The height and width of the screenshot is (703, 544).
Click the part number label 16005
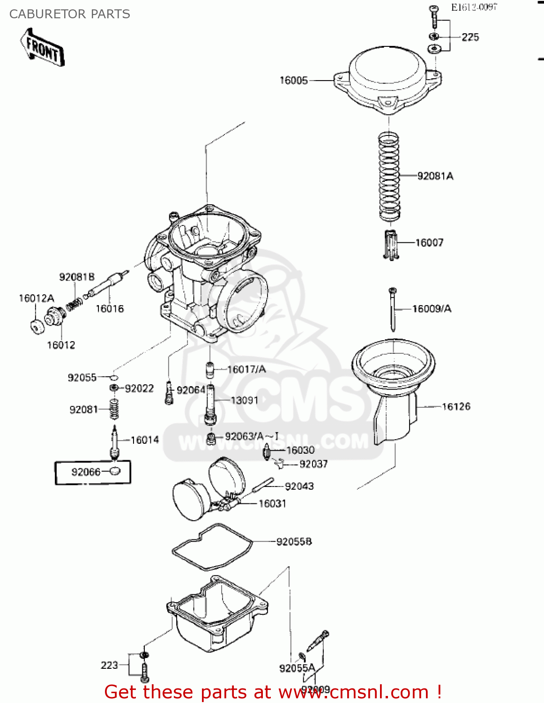(293, 81)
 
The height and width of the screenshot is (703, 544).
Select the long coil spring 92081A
(389, 177)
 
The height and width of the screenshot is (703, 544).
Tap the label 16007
(429, 243)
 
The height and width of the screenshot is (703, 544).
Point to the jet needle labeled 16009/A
(393, 309)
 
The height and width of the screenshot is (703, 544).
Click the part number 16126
(456, 407)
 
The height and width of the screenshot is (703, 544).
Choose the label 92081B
(77, 277)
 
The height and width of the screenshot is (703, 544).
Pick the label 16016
(110, 309)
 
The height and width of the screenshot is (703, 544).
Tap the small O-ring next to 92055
(113, 377)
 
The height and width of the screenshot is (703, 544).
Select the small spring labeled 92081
(114, 409)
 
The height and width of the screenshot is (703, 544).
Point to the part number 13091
(244, 400)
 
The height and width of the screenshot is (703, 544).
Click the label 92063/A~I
(252, 437)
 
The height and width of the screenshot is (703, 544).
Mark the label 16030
(300, 450)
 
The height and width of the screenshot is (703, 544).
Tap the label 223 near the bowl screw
(109, 665)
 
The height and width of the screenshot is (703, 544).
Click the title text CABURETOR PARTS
(70, 14)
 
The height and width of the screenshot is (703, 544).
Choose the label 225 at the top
(470, 37)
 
